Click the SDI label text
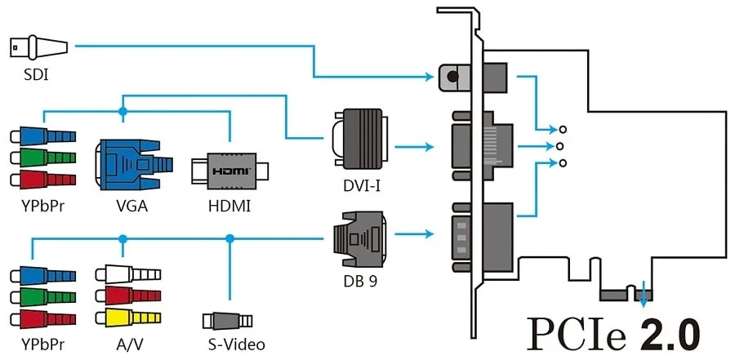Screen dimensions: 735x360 pyautogui.click(x=36, y=74)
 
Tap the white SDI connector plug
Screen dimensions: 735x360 pyautogui.click(x=38, y=47)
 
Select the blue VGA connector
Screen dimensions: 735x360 pyautogui.click(x=134, y=165)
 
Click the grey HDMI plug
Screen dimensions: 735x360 pyautogui.click(x=229, y=170)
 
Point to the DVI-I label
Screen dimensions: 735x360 pyautogui.click(x=360, y=187)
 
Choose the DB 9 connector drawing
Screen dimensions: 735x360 pyautogui.click(x=359, y=239)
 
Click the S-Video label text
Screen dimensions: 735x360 pyautogui.click(x=237, y=345)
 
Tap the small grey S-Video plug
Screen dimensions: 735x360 pyautogui.click(x=227, y=321)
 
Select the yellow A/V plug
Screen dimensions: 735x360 pyautogui.click(x=128, y=318)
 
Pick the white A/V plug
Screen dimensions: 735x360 pyautogui.click(x=128, y=274)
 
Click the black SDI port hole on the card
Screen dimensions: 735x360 pyautogui.click(x=452, y=76)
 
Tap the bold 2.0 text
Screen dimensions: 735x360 pyautogui.click(x=670, y=333)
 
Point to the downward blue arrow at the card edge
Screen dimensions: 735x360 pyautogui.click(x=644, y=294)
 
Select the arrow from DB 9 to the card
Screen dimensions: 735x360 pyautogui.click(x=414, y=233)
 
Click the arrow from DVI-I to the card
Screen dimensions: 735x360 pyautogui.click(x=414, y=147)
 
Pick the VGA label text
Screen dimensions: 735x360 pyautogui.click(x=132, y=206)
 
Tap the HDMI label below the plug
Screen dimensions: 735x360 pyautogui.click(x=229, y=206)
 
